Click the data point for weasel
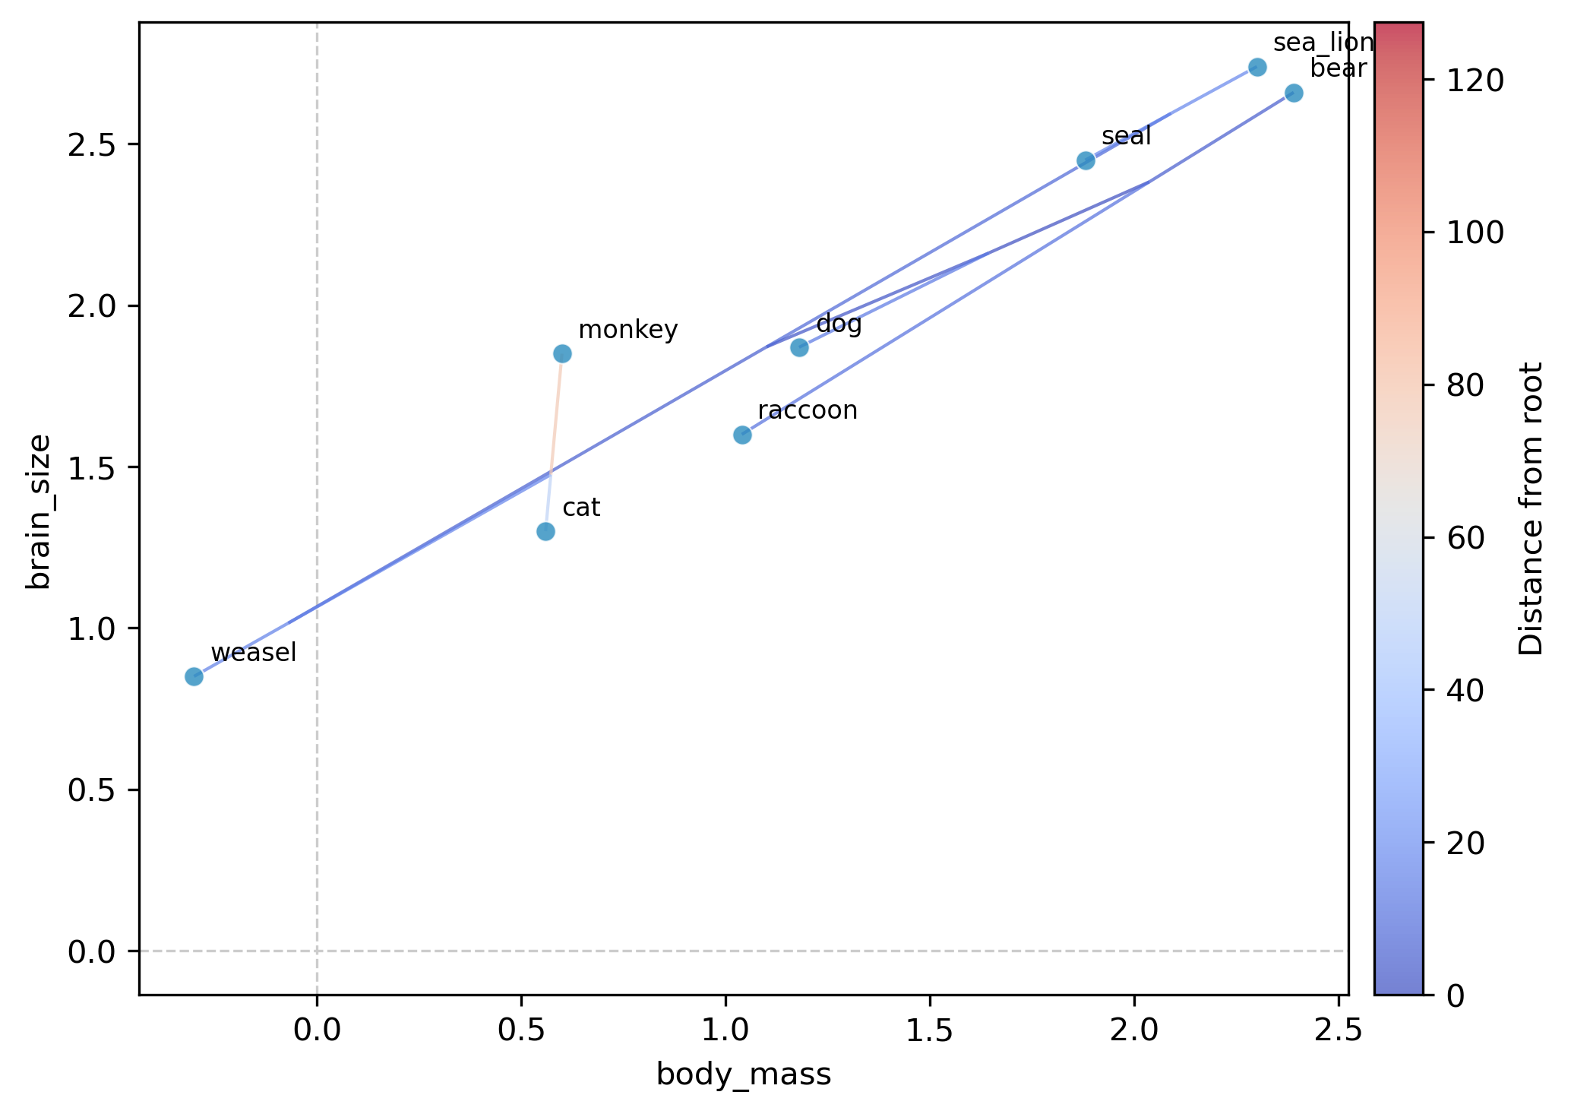194,676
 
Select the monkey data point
562,353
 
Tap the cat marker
545,531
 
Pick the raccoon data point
742,435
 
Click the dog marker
799,347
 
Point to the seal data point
1086,160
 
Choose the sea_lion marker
1257,67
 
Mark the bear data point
1294,93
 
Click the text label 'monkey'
627,331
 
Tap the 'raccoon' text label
808,410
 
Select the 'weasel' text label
253,653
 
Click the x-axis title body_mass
744,1075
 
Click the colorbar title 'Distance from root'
1530,508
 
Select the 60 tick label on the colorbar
1465,538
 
